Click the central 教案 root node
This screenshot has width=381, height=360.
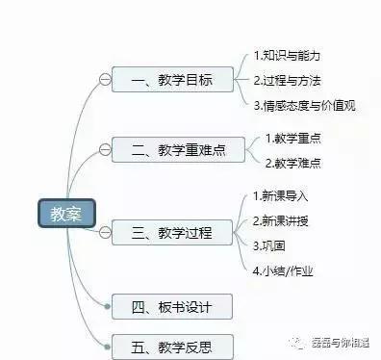click(64, 214)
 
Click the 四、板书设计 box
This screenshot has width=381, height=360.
click(171, 307)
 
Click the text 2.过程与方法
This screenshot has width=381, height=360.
click(288, 80)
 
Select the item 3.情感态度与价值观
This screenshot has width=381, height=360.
click(305, 105)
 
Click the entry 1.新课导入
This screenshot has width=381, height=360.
click(281, 196)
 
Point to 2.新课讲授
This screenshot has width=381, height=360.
click(281, 220)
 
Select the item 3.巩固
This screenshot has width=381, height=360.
click(267, 245)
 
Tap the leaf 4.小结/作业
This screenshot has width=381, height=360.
click(283, 270)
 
